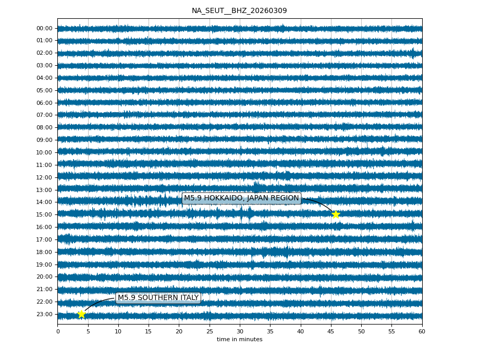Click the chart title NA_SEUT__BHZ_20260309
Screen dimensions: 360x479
(239, 11)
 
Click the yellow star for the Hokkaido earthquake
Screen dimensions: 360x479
(336, 214)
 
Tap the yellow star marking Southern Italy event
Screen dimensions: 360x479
(81, 314)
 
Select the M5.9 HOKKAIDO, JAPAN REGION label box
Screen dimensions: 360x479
(241, 198)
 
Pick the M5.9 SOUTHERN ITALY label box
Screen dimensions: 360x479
(158, 298)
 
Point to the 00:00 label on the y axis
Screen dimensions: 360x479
(45, 28)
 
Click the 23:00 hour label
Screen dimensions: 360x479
(45, 314)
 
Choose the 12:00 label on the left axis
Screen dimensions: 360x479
(45, 177)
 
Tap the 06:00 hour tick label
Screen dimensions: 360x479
(45, 103)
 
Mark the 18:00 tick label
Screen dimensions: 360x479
(45, 252)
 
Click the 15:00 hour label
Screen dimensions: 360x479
(45, 214)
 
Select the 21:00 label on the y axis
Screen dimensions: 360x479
(45, 289)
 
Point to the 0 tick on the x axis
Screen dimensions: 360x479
(58, 331)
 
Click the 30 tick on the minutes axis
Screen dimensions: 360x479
(240, 331)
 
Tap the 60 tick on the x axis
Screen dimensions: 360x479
(422, 331)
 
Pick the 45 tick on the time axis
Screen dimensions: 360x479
(331, 331)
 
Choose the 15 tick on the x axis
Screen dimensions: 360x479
(149, 331)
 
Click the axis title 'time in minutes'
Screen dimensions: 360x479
(240, 340)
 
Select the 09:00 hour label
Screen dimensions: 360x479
(45, 140)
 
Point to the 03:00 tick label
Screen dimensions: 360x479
(45, 65)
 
